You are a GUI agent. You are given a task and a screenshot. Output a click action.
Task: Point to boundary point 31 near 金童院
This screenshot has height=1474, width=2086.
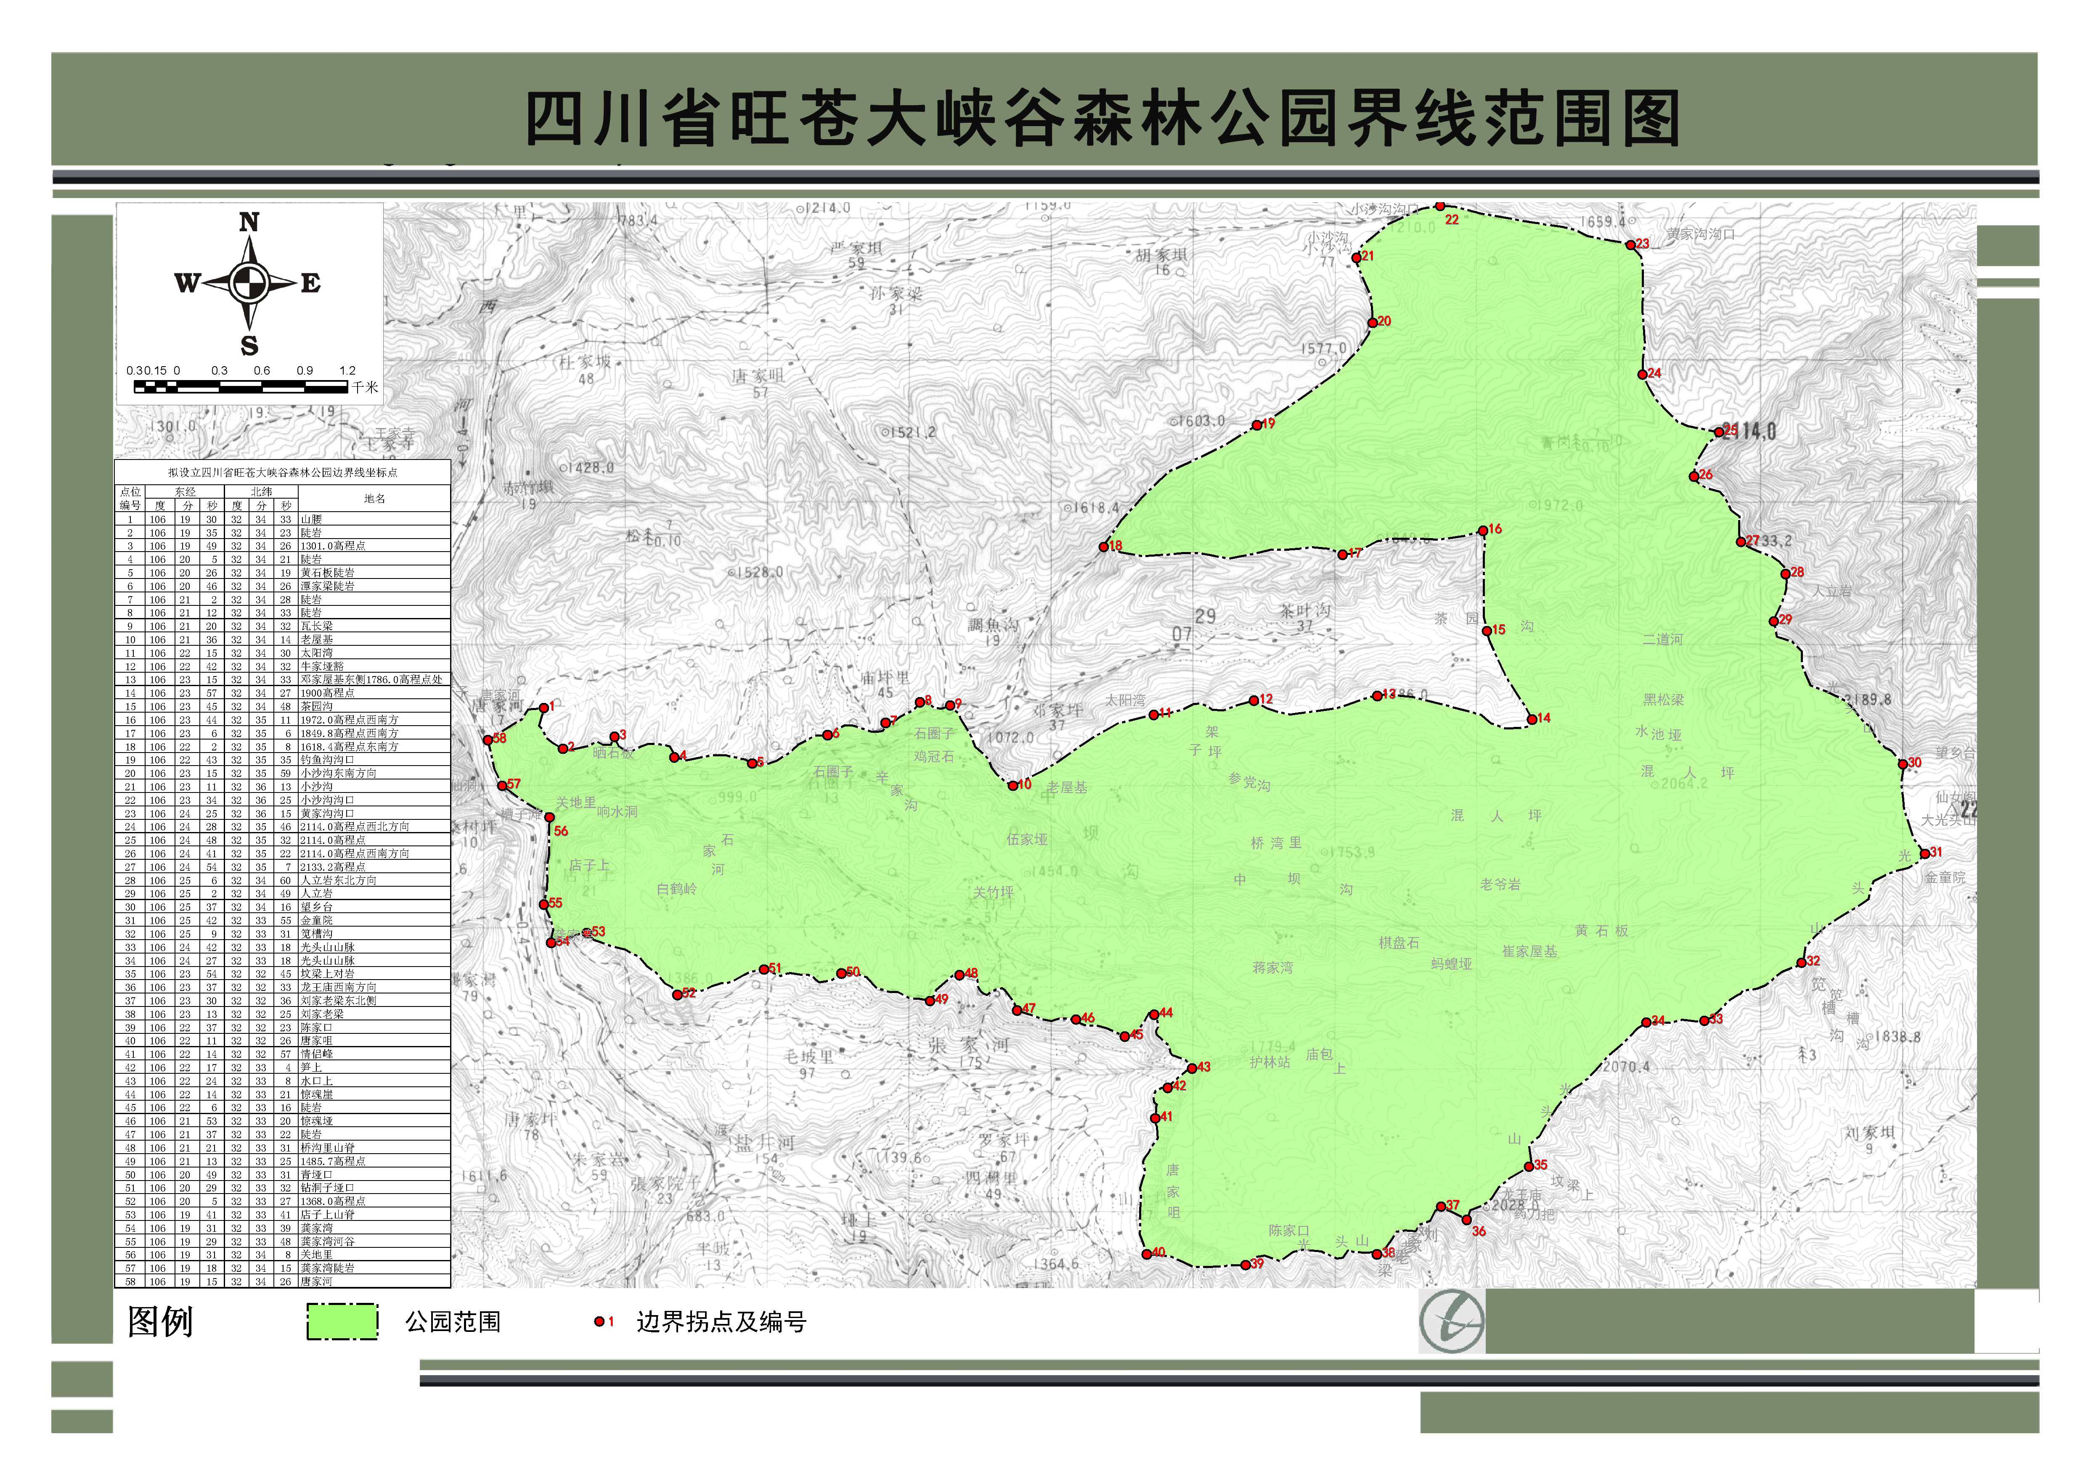(1924, 854)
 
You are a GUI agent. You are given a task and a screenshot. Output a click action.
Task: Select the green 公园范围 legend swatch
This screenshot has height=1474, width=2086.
(342, 1321)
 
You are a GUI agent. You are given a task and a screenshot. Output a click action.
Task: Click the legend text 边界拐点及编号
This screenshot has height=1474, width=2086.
(721, 1321)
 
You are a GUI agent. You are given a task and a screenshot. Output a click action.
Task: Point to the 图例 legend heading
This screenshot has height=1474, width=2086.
(161, 1321)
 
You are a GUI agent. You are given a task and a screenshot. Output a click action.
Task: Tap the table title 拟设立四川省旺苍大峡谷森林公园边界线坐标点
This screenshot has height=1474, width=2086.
(283, 472)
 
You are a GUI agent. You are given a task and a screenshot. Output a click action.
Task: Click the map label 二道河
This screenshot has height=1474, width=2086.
(1663, 639)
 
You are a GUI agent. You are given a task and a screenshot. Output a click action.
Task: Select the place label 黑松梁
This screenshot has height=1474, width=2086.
(1664, 699)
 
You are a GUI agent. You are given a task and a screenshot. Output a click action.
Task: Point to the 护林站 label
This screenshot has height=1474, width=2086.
(1269, 1062)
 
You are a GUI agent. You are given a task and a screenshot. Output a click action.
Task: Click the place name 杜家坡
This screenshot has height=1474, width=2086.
(585, 362)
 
